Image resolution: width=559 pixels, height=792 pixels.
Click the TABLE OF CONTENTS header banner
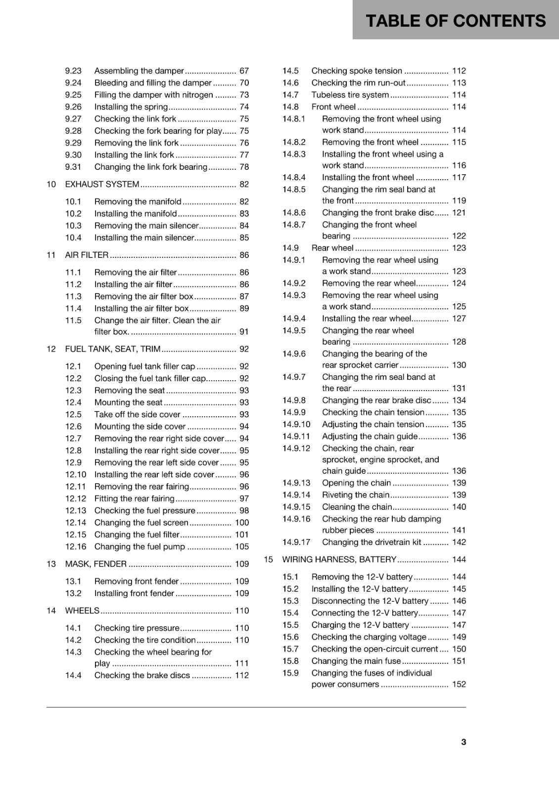point(455,20)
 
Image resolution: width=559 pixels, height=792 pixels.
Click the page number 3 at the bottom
point(463,742)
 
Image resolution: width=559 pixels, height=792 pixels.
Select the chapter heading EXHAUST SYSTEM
point(102,184)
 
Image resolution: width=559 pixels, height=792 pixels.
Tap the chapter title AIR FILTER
point(87,255)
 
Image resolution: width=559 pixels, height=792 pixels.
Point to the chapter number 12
point(51,349)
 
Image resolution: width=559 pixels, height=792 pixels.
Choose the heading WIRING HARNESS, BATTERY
point(339,559)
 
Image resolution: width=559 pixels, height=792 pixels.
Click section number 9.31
point(73,167)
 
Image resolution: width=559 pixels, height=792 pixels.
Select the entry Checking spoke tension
point(356,71)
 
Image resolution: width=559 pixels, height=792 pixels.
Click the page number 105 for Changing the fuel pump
point(241,546)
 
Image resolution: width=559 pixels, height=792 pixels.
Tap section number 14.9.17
point(296,542)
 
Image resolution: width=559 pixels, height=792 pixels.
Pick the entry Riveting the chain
point(355,495)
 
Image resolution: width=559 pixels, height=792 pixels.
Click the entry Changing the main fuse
point(356,661)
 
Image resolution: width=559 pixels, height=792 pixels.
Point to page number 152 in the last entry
point(459,684)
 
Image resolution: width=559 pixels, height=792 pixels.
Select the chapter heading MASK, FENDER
point(95,564)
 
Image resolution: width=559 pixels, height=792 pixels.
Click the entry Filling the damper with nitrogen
point(153,95)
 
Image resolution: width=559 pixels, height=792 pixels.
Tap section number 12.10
point(75,474)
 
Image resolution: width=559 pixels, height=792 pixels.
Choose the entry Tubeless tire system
point(350,95)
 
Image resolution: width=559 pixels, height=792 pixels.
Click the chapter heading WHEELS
point(82,610)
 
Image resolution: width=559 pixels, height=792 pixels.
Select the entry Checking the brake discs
point(142,675)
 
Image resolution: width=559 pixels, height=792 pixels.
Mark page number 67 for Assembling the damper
point(244,71)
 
